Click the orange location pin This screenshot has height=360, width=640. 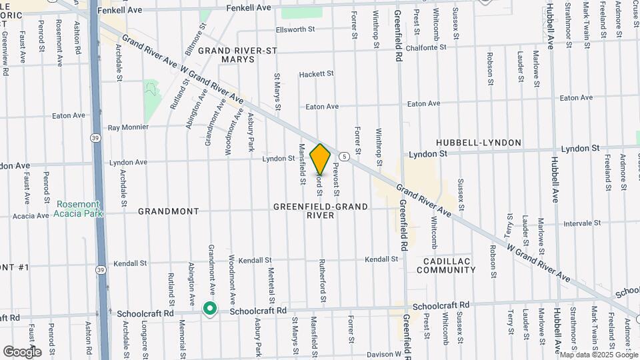click(x=320, y=159)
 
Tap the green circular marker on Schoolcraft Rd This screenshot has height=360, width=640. click(x=210, y=309)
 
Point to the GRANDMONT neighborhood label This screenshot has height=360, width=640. click(x=168, y=211)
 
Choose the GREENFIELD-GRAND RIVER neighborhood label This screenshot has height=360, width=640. click(x=320, y=211)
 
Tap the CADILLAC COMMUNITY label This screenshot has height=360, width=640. click(x=446, y=265)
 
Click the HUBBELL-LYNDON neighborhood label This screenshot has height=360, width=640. click(x=479, y=143)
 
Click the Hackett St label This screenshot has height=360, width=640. click(x=315, y=75)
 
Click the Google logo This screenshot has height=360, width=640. click(x=21, y=351)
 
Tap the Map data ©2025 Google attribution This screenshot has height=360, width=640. click(x=598, y=355)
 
